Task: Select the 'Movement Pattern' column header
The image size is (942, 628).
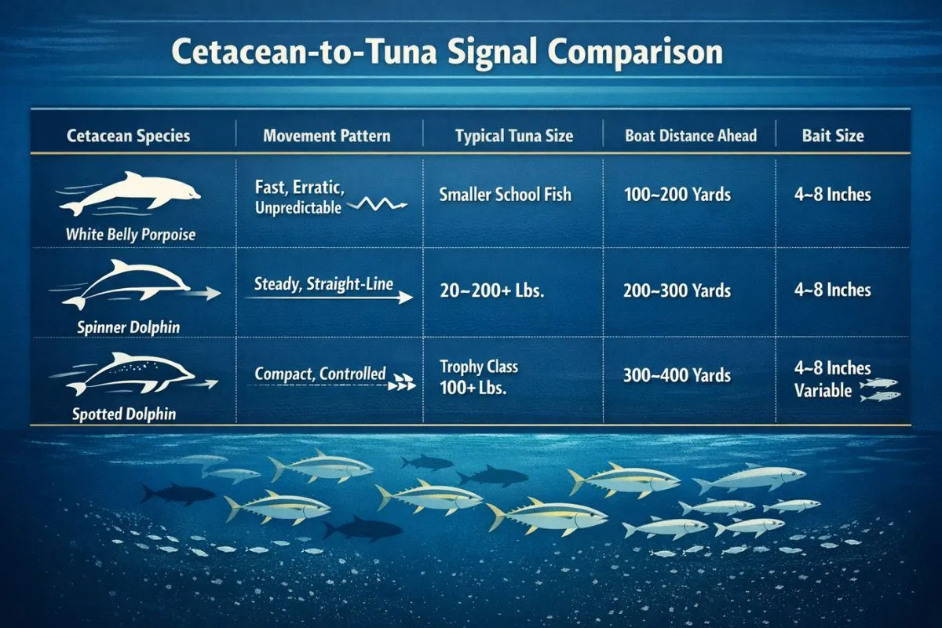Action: click(327, 135)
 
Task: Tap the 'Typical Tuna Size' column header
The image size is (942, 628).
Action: click(514, 136)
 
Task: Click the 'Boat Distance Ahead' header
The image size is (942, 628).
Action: click(691, 135)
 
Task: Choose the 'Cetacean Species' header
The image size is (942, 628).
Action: click(128, 135)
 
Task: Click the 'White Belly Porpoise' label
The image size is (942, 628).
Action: click(130, 234)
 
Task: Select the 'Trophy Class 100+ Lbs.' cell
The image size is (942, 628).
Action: click(480, 377)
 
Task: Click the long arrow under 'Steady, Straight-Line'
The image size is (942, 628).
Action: click(334, 298)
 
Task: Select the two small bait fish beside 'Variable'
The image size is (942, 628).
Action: click(879, 389)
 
